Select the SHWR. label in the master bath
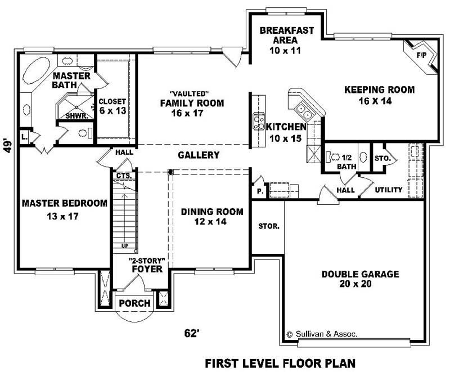coord(75,115)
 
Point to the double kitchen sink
coord(304,107)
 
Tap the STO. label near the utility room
coord(382,159)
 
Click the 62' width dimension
coord(192,333)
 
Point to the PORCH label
coord(135,303)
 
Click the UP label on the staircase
coord(124,246)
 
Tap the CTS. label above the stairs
coord(123,176)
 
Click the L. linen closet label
coord(24,137)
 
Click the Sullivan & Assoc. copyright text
coord(321,334)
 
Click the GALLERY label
coord(198,155)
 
